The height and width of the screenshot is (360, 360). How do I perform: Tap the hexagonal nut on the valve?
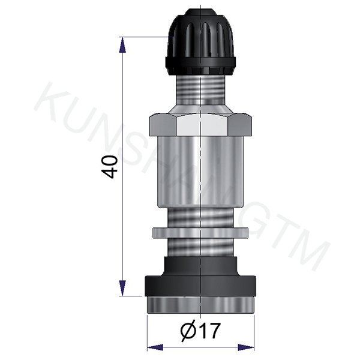coord(200,125)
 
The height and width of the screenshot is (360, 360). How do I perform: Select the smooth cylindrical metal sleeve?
coord(200,171)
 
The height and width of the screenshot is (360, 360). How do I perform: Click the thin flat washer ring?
coord(200,232)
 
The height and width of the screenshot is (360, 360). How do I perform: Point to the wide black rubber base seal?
coord(200,286)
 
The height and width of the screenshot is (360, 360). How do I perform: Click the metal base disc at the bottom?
coord(200,304)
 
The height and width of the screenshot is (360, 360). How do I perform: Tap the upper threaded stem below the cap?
coord(200,91)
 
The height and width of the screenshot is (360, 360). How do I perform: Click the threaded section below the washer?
coord(200,247)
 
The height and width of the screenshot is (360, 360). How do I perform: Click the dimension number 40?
coord(109,167)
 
